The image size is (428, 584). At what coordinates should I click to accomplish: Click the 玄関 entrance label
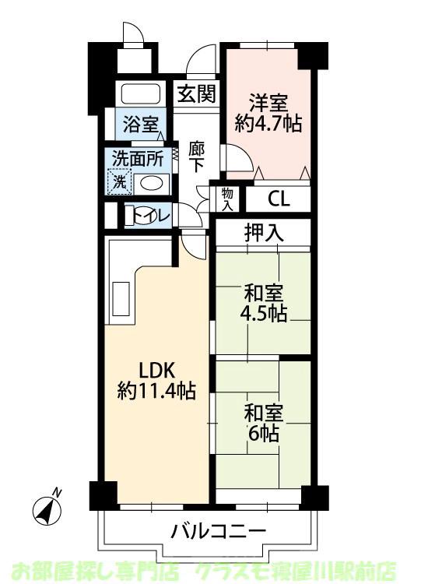196,94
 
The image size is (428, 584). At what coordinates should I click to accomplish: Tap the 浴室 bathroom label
140,124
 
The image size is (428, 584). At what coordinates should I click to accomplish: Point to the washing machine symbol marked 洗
121,183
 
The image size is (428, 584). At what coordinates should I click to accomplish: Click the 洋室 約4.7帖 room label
269,112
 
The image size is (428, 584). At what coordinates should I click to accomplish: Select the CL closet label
279,199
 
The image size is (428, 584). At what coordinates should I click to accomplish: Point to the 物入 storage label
227,199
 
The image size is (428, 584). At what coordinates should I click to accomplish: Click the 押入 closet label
263,231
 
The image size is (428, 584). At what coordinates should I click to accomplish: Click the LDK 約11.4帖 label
156,380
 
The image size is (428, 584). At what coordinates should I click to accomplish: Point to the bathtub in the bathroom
140,94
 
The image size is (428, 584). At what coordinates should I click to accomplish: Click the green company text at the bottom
214,570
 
